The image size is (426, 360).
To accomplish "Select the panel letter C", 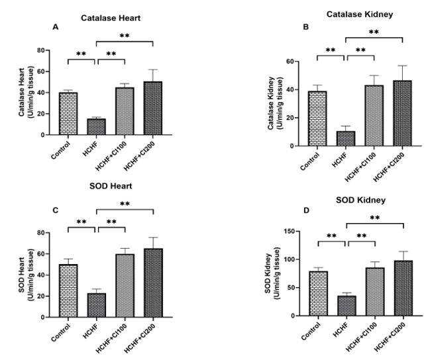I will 56,210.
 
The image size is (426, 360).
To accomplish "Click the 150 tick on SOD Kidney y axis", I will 286,231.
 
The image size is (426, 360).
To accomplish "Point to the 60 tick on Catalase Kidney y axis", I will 291,62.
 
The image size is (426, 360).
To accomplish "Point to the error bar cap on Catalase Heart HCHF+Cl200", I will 153,69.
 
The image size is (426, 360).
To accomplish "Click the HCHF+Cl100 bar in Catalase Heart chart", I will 125,111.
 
